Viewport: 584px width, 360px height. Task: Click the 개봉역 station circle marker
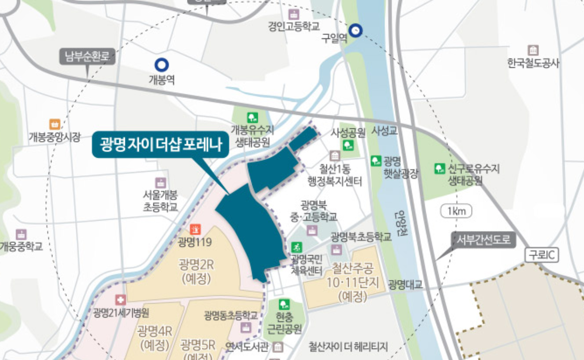tap(161, 64)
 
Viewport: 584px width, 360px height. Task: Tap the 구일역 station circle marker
tap(356, 30)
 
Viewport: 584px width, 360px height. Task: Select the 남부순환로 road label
tap(88, 56)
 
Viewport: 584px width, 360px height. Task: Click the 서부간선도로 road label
tap(483, 240)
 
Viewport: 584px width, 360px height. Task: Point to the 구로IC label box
tap(542, 255)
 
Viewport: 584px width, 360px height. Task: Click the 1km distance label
tap(456, 211)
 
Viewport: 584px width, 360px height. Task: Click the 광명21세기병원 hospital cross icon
tap(120, 300)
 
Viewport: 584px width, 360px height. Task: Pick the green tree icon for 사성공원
tap(348, 146)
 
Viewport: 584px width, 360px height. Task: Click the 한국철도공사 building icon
tap(533, 50)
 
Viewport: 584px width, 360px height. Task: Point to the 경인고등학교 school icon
tap(294, 14)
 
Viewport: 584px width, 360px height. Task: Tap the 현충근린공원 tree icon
tap(284, 304)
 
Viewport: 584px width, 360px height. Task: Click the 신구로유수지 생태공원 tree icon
tap(440, 169)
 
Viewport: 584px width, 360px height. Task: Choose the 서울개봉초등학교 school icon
tap(160, 182)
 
